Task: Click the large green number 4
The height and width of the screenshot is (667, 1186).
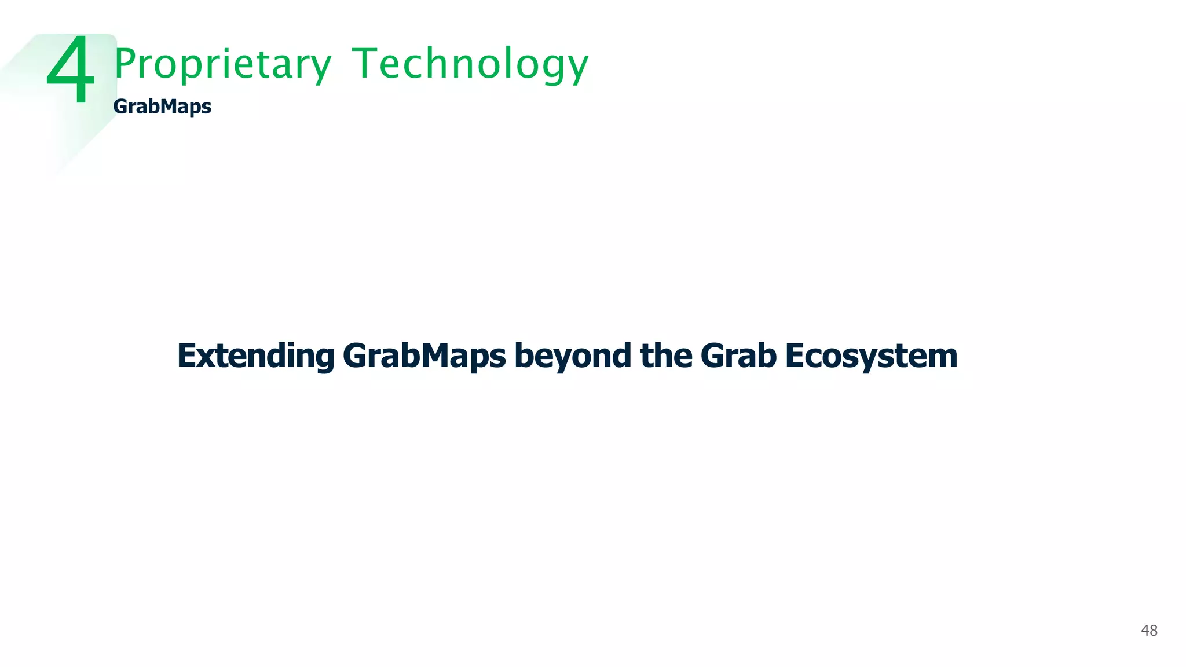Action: click(71, 70)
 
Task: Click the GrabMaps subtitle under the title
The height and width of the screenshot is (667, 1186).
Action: click(162, 107)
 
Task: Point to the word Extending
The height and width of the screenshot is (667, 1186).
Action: click(255, 356)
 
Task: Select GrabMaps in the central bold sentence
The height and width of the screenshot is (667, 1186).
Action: click(424, 356)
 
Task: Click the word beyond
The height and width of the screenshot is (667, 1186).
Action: click(573, 356)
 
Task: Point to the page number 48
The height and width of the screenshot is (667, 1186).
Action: click(1149, 631)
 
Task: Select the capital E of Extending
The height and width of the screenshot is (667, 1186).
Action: click(188, 356)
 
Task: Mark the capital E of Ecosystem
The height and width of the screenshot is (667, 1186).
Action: click(796, 356)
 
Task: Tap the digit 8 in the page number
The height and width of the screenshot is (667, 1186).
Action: click(1154, 631)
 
